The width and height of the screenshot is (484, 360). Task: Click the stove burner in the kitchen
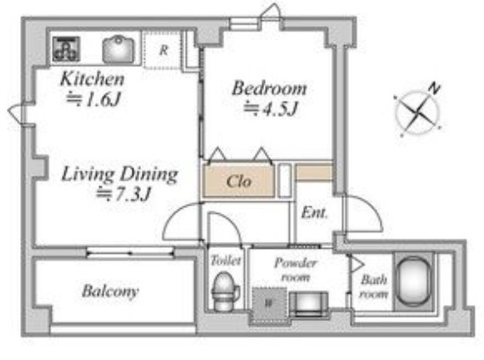point(66,48)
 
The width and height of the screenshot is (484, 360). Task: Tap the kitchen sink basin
point(118,49)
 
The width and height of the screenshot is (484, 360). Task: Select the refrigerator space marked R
point(163,50)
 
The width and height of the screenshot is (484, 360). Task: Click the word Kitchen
point(93,79)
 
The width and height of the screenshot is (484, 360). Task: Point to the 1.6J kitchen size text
point(93,99)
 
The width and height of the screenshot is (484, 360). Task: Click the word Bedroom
point(269,88)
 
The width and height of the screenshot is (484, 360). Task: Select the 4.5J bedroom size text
point(270,109)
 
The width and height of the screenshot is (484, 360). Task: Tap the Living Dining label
point(120,174)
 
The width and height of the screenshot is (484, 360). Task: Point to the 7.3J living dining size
point(123,194)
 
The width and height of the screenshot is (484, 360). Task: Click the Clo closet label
point(239,181)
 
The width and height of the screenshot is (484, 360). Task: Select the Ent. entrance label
point(314,213)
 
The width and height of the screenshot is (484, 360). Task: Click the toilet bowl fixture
point(225,291)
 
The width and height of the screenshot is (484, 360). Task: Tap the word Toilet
point(226,261)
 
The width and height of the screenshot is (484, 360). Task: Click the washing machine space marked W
point(269,305)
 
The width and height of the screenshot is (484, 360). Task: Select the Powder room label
point(295,270)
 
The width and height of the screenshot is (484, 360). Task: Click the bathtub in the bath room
point(414,282)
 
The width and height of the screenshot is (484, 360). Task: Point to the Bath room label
point(374,286)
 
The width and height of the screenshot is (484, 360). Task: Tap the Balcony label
point(110,291)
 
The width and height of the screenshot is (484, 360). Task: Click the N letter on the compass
point(434,88)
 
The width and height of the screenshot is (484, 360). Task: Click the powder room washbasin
point(309,303)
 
